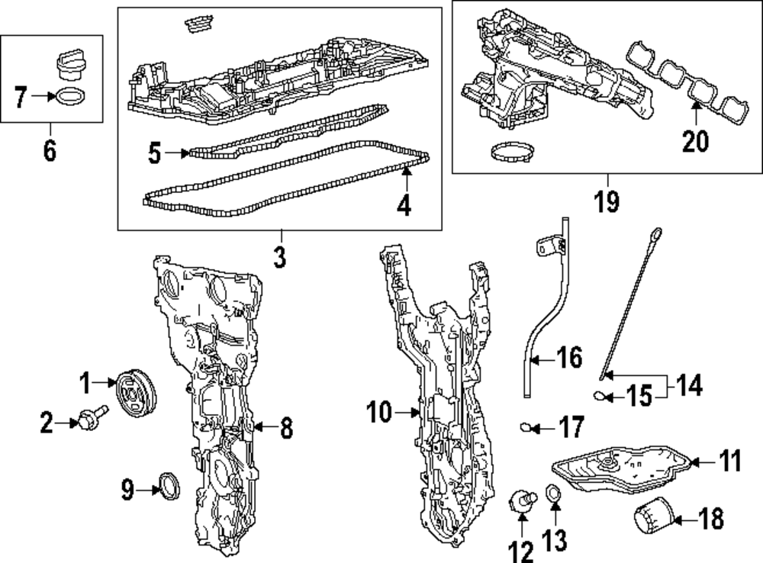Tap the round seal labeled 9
coord(169,487)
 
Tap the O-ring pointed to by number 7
coord(69,98)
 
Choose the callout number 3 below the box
coord(279,257)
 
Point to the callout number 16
coord(569,357)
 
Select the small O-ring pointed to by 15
coord(602,394)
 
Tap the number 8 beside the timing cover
coord(285,428)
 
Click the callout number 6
coord(49,151)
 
